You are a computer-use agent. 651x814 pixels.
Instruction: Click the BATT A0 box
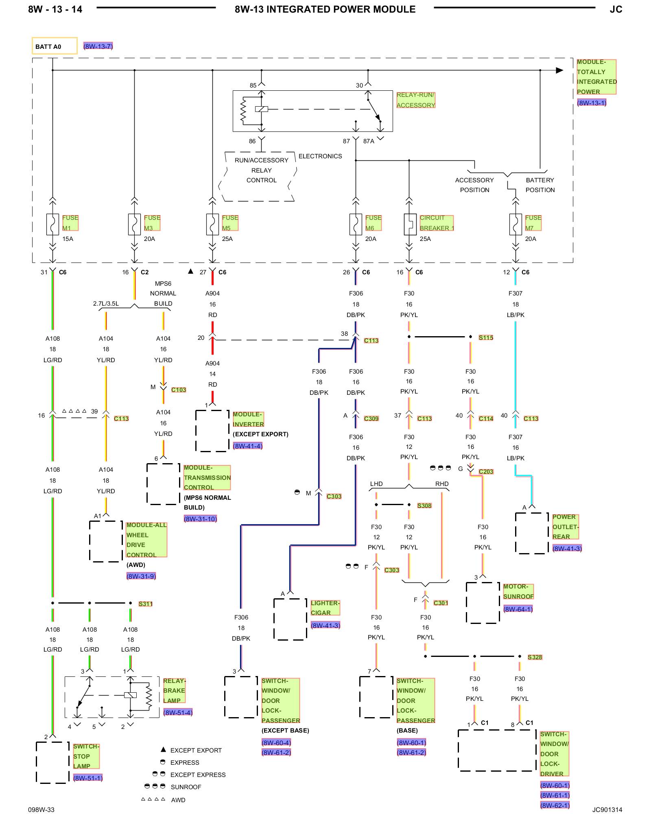[x=55, y=46]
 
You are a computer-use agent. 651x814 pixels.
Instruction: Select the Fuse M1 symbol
[x=52, y=224]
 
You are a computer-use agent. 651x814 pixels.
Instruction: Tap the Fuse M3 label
[x=152, y=223]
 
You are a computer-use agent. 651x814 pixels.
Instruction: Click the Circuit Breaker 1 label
[x=437, y=223]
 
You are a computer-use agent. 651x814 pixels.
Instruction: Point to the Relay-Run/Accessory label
[x=416, y=100]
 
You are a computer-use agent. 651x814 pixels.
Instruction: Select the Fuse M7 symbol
[x=516, y=224]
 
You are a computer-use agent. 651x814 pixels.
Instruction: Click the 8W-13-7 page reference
[x=98, y=46]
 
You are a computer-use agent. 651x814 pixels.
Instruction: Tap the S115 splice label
[x=486, y=337]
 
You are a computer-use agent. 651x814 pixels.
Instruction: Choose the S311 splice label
[x=145, y=604]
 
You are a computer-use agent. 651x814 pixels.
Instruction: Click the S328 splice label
[x=535, y=657]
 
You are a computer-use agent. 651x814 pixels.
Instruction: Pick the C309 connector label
[x=371, y=418]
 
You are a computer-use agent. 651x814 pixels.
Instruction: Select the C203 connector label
[x=486, y=471]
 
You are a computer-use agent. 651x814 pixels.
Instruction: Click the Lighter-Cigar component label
[x=325, y=608]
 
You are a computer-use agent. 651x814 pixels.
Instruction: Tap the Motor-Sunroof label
[x=518, y=591]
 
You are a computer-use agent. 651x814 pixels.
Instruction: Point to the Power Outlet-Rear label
[x=565, y=527]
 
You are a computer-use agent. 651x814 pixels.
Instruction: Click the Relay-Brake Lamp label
[x=174, y=691]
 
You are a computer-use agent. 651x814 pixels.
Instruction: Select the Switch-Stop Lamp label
[x=86, y=756]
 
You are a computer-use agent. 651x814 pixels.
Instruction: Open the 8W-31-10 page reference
[x=200, y=519]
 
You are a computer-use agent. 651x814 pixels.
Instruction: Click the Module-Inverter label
[x=248, y=419]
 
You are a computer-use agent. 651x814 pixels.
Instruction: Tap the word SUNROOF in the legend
[x=186, y=787]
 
